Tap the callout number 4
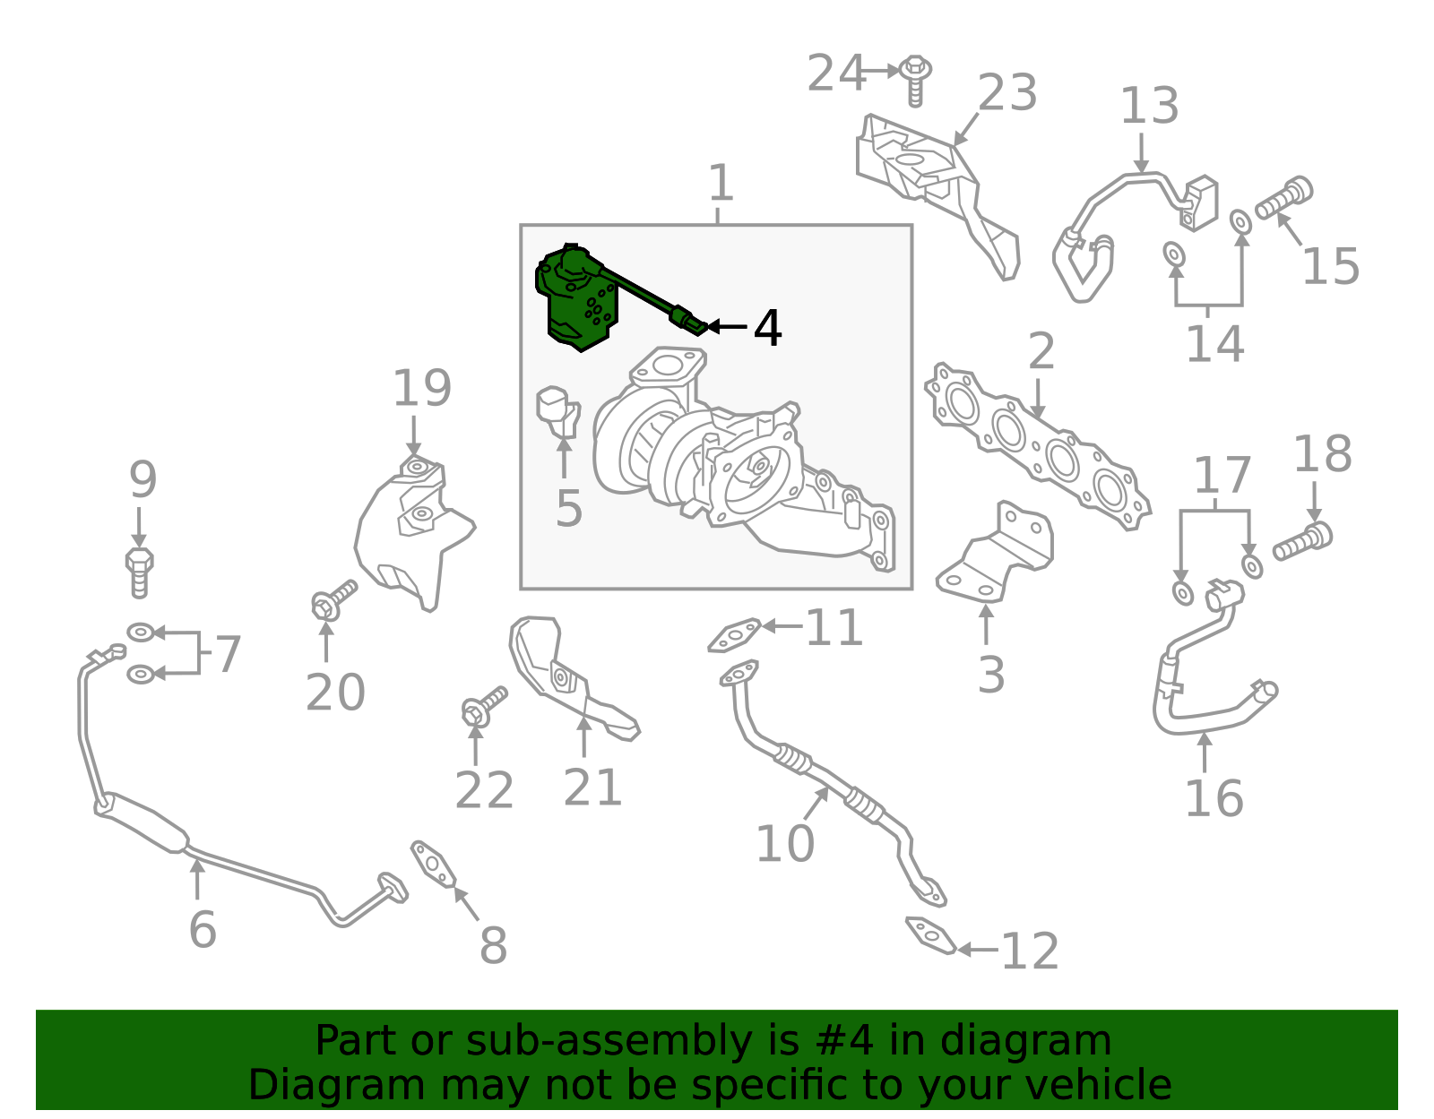click(767, 329)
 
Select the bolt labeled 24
click(915, 80)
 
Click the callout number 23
click(1007, 92)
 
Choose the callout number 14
click(1215, 343)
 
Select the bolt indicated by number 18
click(1302, 542)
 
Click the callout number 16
click(1214, 799)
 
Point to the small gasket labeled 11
click(735, 635)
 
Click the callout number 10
click(784, 843)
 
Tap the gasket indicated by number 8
click(434, 864)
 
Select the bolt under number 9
click(139, 572)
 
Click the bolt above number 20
click(334, 600)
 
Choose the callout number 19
click(422, 388)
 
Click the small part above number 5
click(559, 413)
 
